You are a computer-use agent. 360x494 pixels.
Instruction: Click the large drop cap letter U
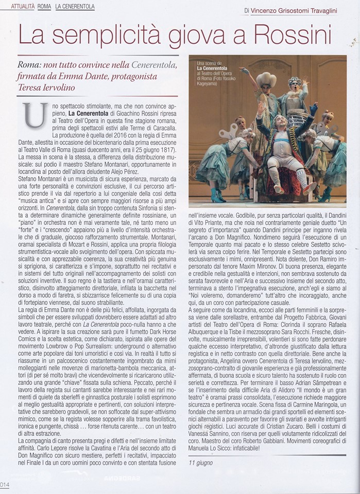coord(33,115)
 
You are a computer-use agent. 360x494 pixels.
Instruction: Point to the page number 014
coord(5,484)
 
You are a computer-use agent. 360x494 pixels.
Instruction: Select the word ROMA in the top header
coord(44,6)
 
